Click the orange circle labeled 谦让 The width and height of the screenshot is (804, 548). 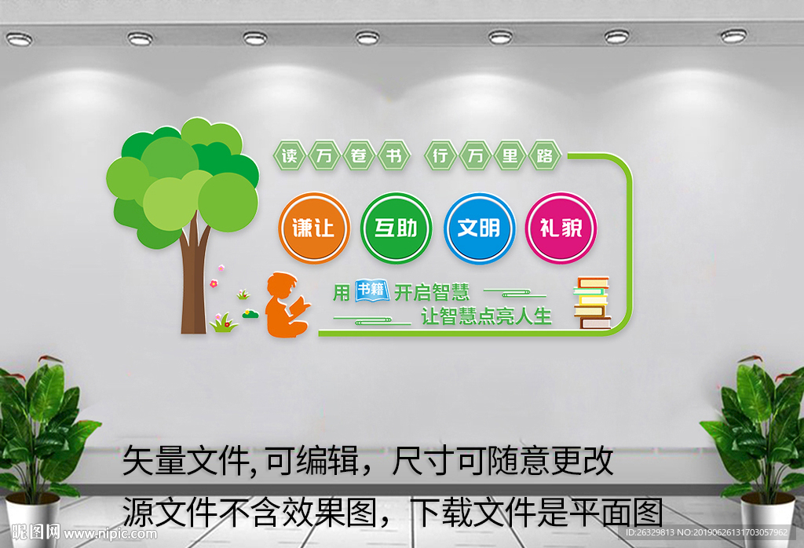coord(313,228)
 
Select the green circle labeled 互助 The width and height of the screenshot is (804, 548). coord(396,228)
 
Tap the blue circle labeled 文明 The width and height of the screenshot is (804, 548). coord(479,228)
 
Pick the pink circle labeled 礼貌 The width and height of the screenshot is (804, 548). coord(561,228)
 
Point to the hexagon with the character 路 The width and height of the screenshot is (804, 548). coord(545,155)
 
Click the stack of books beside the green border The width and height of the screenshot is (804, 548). coord(592,302)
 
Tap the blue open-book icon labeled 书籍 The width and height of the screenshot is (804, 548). coord(372,290)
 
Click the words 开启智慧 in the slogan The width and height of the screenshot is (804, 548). coord(432,292)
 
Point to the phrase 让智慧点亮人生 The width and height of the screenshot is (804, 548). coord(487,316)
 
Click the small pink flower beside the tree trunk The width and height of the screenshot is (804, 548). coord(213,282)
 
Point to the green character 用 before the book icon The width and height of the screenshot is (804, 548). coord(341,292)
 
